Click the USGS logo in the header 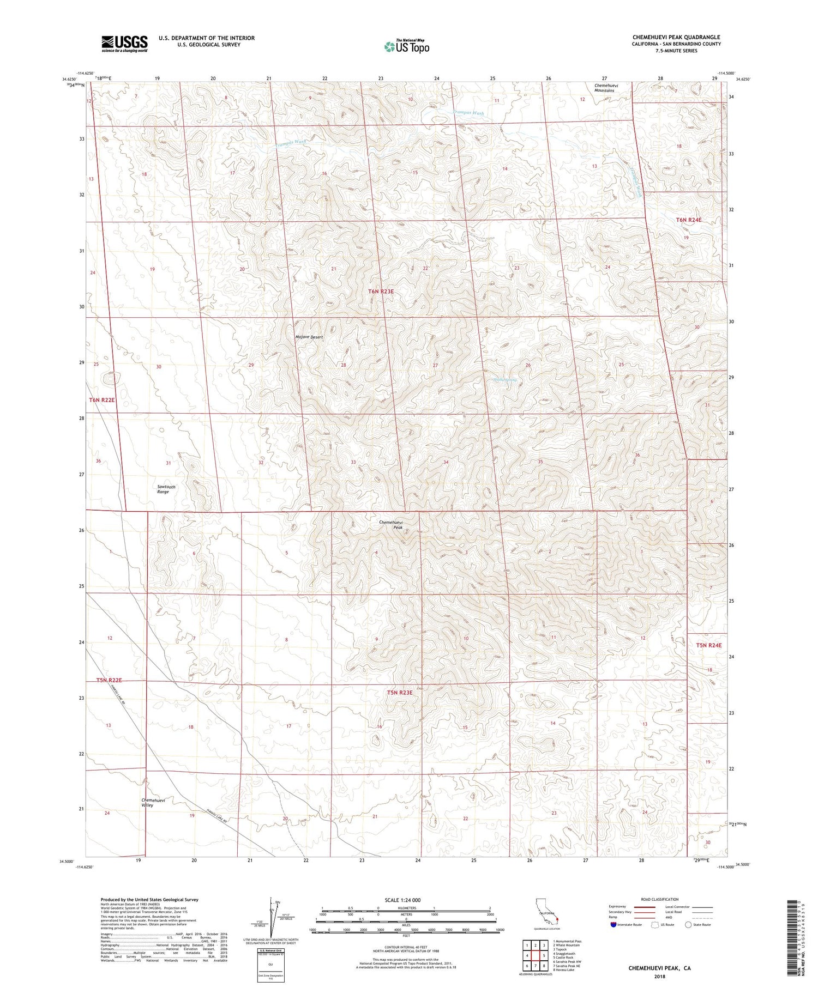[124, 44]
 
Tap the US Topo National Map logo [406, 46]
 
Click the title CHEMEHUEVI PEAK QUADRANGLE [676, 37]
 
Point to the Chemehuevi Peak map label [390, 525]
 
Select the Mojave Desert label [309, 337]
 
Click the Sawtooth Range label [163, 489]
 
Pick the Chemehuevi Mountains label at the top [604, 88]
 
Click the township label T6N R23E [381, 292]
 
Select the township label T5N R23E [400, 693]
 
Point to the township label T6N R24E [689, 220]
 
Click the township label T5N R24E [708, 645]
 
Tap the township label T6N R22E [102, 400]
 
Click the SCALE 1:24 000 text [402, 900]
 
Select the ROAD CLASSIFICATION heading [660, 899]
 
